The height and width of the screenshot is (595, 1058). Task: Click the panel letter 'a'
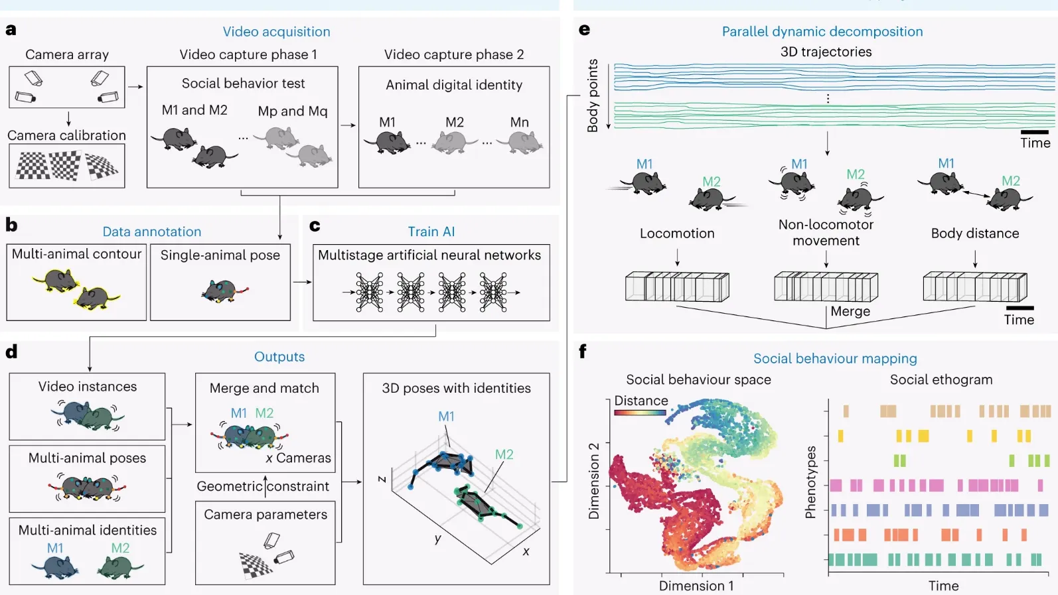(11, 30)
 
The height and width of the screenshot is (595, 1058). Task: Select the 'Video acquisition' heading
(276, 32)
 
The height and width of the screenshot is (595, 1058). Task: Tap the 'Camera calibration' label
(66, 135)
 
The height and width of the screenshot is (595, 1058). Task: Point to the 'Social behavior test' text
(243, 84)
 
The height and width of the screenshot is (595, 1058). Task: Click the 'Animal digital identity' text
(454, 85)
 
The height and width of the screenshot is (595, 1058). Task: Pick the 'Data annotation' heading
(151, 231)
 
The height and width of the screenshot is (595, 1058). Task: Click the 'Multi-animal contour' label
(76, 254)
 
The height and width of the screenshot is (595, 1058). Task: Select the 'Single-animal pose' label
(220, 255)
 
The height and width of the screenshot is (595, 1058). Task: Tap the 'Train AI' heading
(431, 231)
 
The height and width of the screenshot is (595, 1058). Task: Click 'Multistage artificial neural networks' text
(429, 255)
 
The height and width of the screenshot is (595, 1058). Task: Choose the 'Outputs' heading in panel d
(279, 357)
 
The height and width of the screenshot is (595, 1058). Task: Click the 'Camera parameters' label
(265, 515)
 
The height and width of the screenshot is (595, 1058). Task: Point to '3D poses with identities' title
(456, 389)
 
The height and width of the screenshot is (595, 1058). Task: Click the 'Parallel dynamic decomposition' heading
(822, 32)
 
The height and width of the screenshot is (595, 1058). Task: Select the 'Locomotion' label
(677, 233)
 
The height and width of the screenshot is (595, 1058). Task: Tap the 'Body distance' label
(974, 233)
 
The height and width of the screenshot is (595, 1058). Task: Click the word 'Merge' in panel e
(850, 312)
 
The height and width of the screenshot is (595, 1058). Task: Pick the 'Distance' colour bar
(640, 413)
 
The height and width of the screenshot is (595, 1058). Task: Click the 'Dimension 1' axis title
(696, 586)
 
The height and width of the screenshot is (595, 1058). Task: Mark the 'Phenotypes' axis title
(810, 482)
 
